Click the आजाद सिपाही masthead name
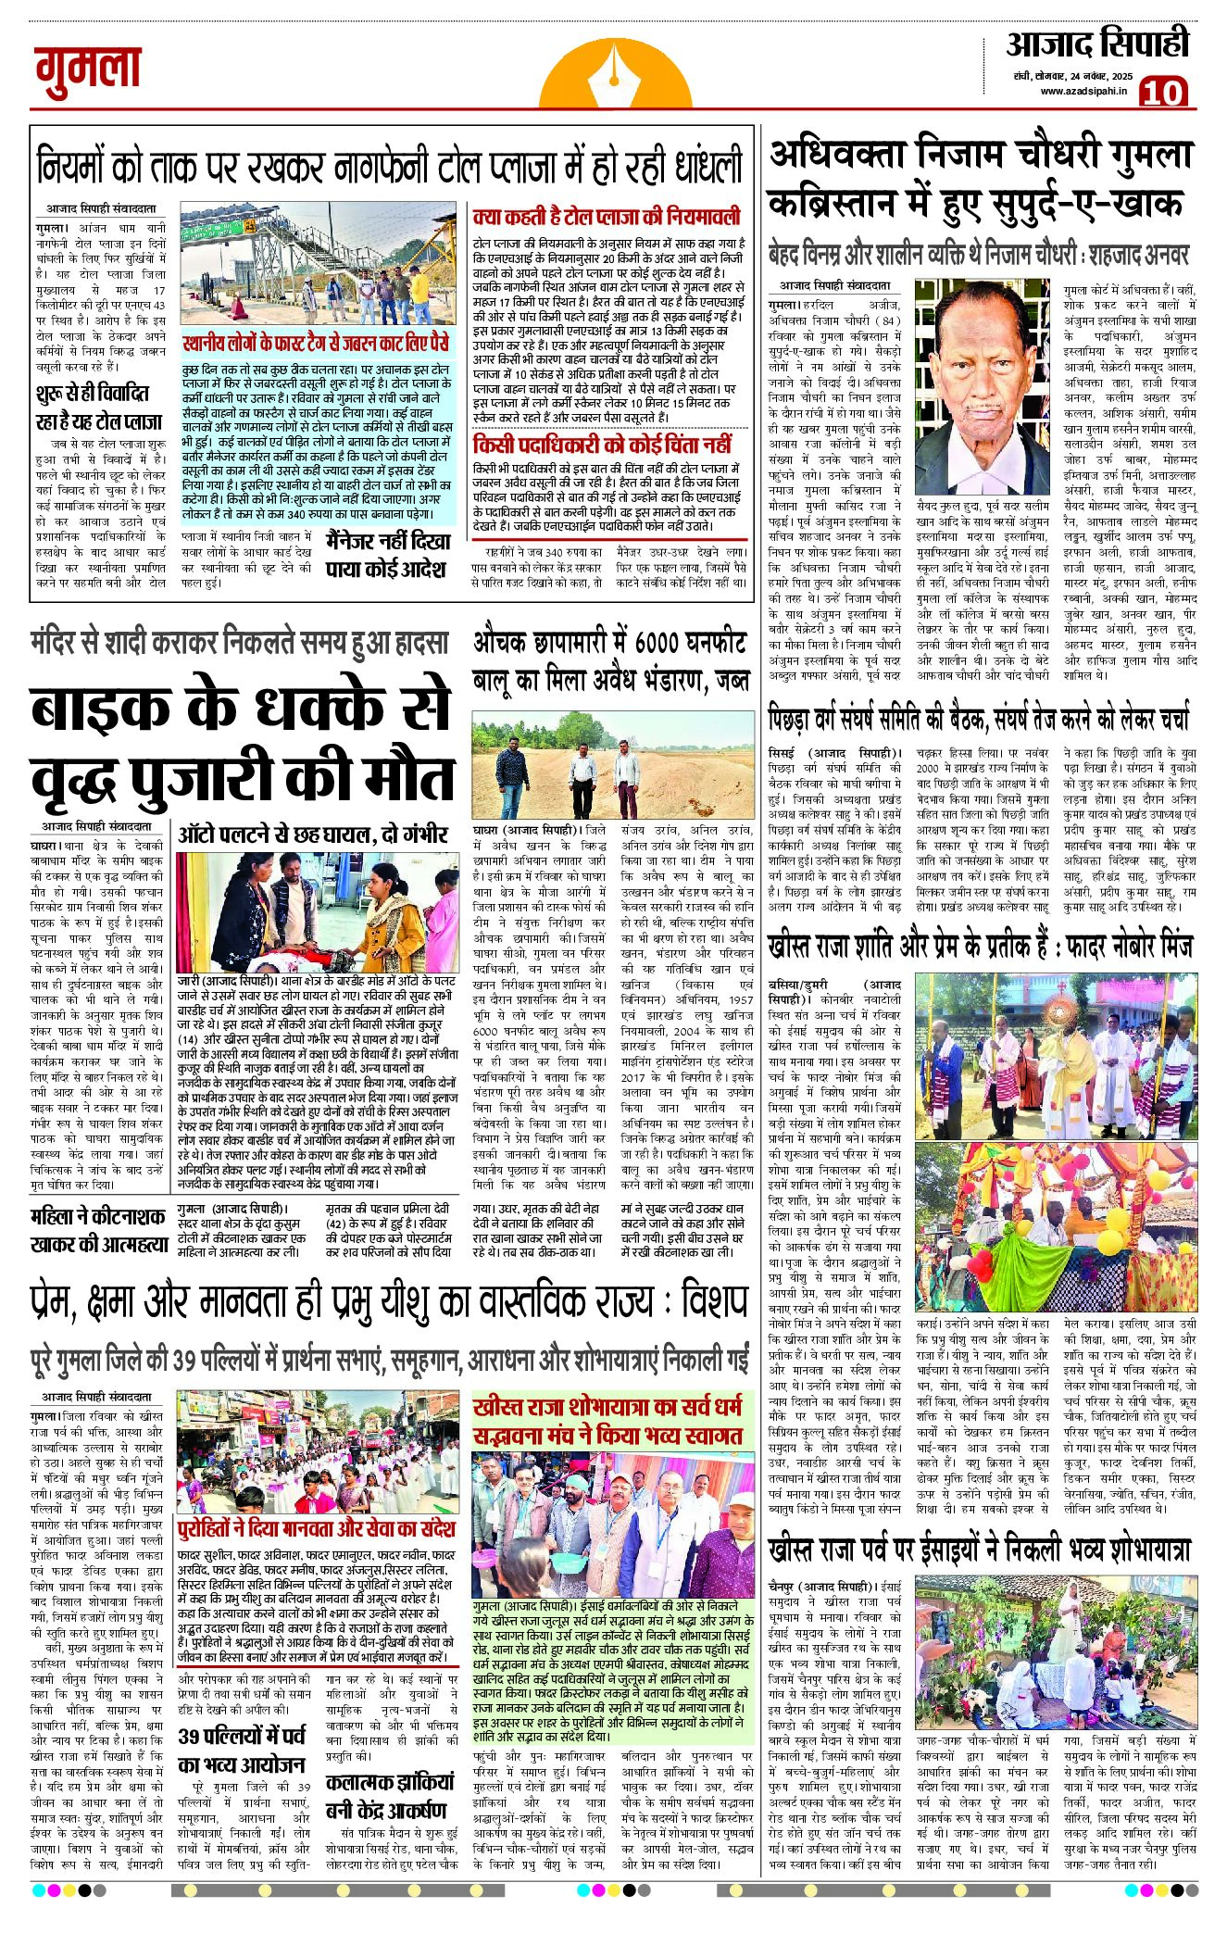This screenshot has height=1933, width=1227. pyautogui.click(x=1097, y=44)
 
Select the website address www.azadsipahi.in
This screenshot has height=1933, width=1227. pyautogui.click(x=1082, y=91)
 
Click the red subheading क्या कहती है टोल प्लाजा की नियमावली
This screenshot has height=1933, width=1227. pyautogui.click(x=607, y=217)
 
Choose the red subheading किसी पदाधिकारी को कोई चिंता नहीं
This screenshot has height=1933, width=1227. pyautogui.click(x=602, y=445)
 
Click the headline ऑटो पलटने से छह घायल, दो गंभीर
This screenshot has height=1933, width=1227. pyautogui.click(x=313, y=833)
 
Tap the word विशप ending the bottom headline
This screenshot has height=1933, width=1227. pyautogui.click(x=713, y=1303)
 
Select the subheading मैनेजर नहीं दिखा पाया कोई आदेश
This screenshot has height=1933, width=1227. pyautogui.click(x=388, y=554)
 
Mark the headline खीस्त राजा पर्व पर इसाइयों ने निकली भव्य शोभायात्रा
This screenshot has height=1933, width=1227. pyautogui.click(x=979, y=1550)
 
